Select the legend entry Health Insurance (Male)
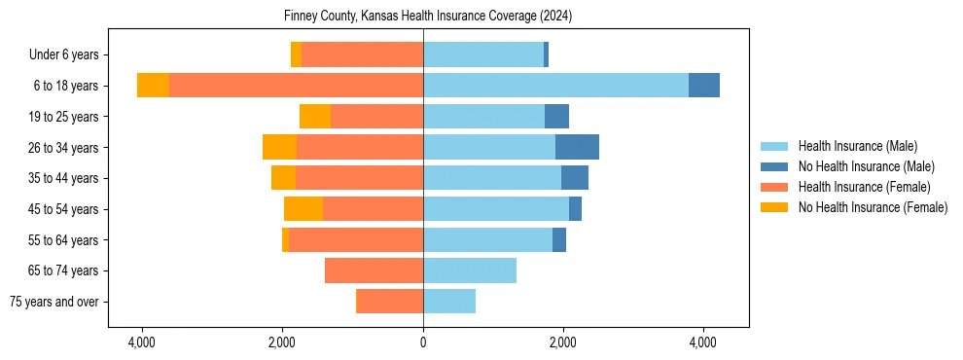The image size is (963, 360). (x=857, y=146)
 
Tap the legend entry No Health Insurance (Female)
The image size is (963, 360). (x=873, y=207)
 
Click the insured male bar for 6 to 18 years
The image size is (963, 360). (x=555, y=86)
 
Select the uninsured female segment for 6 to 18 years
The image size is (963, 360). (x=153, y=86)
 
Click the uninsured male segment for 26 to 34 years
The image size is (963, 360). (x=577, y=147)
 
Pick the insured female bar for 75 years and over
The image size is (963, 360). (x=389, y=302)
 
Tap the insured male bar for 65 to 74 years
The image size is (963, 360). (x=470, y=270)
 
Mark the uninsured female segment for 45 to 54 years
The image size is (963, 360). (x=303, y=209)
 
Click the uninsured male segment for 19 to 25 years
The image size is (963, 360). (x=556, y=117)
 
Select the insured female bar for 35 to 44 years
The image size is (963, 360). (x=359, y=178)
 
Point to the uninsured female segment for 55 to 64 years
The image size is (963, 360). (x=285, y=240)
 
